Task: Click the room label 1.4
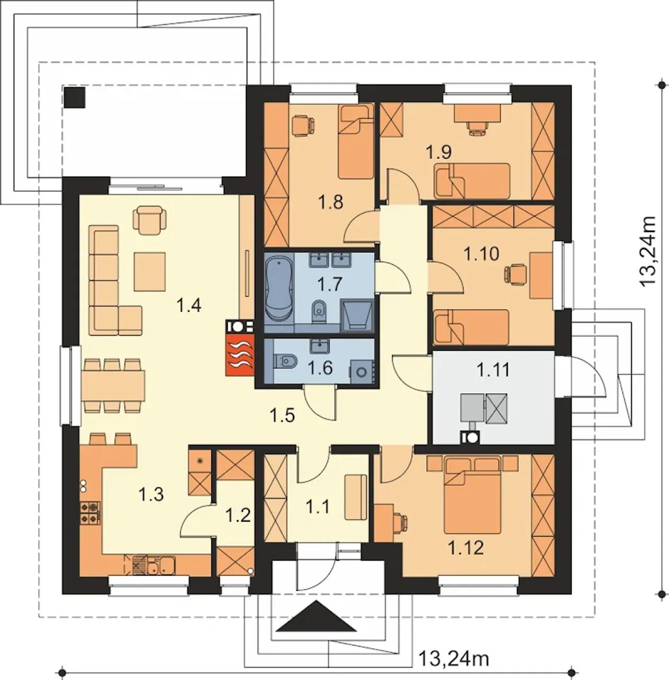click(189, 305)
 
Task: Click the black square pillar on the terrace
click(75, 97)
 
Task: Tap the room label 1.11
click(493, 370)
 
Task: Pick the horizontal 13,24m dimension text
click(454, 658)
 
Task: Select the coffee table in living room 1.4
click(150, 272)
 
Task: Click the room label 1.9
click(439, 152)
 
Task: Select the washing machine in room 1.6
click(361, 371)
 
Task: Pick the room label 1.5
click(282, 415)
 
